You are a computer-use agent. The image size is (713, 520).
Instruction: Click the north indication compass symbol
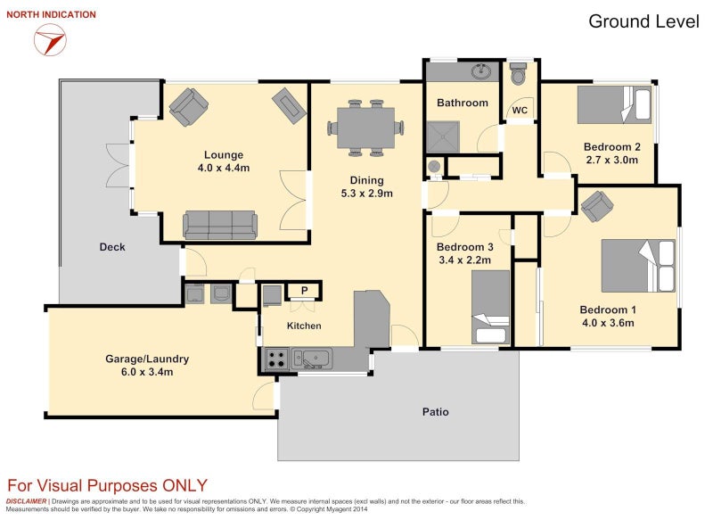(50, 39)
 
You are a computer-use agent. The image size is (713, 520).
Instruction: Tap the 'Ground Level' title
(643, 21)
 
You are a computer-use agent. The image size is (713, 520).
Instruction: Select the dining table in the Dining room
(366, 128)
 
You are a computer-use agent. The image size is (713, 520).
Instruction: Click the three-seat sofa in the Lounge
(220, 225)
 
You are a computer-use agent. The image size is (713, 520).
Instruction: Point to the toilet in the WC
(519, 74)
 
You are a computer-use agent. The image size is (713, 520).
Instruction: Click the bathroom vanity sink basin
(481, 71)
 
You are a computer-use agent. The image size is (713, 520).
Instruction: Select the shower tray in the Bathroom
(443, 137)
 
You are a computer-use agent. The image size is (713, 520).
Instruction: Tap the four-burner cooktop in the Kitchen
(276, 358)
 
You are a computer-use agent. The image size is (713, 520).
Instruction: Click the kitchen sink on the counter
(312, 358)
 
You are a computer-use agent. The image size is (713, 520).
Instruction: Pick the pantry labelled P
(304, 290)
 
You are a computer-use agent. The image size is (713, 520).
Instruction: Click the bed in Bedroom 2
(613, 105)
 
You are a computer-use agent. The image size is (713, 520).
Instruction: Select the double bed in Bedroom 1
(638, 266)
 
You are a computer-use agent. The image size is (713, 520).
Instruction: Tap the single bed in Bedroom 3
(490, 307)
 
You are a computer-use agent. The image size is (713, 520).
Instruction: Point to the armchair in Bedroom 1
(597, 206)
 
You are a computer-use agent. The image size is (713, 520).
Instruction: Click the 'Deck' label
(112, 247)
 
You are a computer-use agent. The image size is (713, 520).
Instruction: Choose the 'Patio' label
(436, 412)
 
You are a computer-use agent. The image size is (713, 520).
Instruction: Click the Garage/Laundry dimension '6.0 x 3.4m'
(147, 372)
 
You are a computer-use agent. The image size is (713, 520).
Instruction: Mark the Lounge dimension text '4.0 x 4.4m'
(224, 168)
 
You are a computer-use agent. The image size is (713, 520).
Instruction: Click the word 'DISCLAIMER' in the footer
(27, 501)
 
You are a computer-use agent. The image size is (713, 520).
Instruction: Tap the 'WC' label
(520, 110)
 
